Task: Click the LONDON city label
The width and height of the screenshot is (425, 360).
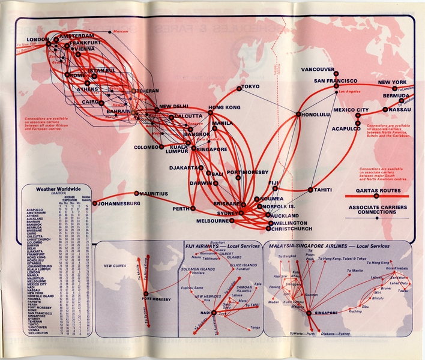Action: tap(38, 40)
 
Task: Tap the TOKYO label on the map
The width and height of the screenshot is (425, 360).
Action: tap(250, 86)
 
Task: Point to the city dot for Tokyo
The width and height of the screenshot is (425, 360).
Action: tap(239, 88)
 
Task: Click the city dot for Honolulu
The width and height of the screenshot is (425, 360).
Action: tap(298, 114)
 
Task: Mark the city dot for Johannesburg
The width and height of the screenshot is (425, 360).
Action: tap(94, 203)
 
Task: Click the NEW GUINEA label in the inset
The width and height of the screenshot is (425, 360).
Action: tap(118, 266)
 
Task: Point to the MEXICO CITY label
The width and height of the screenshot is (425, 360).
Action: tap(351, 110)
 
